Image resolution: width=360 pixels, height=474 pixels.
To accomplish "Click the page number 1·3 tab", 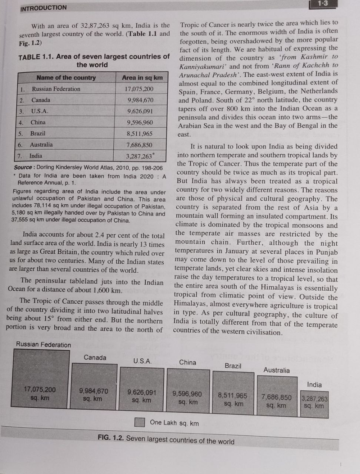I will tap(323, 4).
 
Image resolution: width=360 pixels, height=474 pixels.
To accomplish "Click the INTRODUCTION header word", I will tap(43, 8).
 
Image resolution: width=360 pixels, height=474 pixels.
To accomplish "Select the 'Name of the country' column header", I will tap(66, 77).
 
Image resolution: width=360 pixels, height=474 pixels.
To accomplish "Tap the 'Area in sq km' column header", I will tap(142, 77).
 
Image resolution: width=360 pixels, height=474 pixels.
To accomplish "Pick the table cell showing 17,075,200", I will tap(139, 89).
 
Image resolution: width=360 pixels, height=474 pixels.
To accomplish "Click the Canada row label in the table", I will tap(41, 100).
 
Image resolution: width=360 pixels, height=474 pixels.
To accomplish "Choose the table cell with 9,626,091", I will tap(140, 111).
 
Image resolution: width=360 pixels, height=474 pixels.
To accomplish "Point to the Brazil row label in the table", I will tap(38, 133).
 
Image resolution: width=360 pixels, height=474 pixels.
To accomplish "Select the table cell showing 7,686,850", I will tap(139, 145).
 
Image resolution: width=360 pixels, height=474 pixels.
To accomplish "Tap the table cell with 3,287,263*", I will tap(140, 156).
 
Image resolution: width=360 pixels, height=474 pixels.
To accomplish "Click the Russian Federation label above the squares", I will tap(43, 345).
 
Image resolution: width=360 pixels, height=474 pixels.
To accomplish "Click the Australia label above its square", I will tap(276, 370).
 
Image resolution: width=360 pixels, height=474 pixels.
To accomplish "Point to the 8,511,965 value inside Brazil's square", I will tap(233, 395).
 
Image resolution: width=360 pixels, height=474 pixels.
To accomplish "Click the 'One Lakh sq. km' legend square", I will tap(140, 422).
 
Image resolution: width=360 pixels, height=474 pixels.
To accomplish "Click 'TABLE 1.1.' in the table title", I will tap(36, 57).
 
